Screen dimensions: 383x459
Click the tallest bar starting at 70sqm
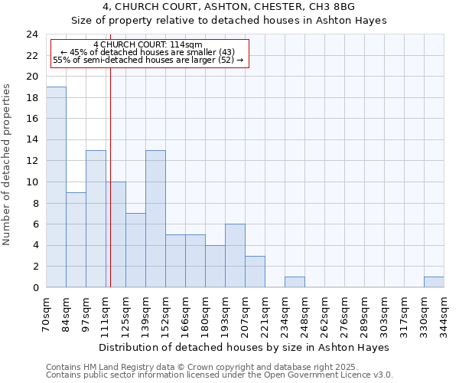coord(56,187)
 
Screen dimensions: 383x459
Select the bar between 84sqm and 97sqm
coord(76,240)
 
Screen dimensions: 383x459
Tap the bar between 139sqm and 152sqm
coord(155,218)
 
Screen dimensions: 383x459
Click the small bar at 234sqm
coord(295,282)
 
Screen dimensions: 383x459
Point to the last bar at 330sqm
coord(434,282)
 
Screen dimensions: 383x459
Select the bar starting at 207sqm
coord(255,271)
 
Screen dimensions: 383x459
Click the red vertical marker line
coord(110,191)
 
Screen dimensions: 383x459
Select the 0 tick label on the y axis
coord(35,288)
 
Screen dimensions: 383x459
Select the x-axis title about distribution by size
coord(245,347)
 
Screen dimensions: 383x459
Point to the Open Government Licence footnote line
coord(219,375)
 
